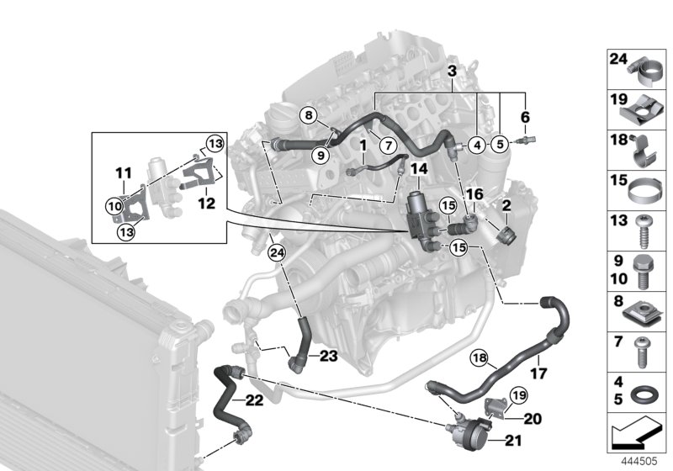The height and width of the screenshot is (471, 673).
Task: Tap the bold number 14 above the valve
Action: (x=418, y=170)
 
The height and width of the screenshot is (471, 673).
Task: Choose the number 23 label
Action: (x=328, y=357)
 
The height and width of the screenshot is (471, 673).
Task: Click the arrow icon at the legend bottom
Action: (x=637, y=436)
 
